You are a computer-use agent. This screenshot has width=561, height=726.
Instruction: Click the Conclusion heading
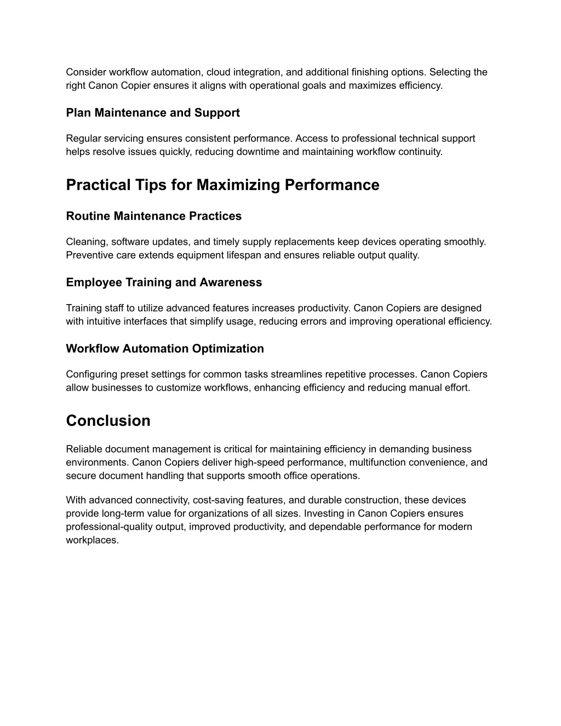108,421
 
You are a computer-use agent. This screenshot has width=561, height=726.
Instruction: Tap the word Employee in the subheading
94,283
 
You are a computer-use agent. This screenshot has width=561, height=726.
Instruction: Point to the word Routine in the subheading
88,216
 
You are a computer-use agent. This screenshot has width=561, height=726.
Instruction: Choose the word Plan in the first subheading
78,113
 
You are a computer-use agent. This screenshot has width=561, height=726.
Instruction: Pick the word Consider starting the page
86,72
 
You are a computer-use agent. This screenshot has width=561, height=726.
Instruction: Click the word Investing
324,513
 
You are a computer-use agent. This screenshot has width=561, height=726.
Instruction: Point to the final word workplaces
92,540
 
